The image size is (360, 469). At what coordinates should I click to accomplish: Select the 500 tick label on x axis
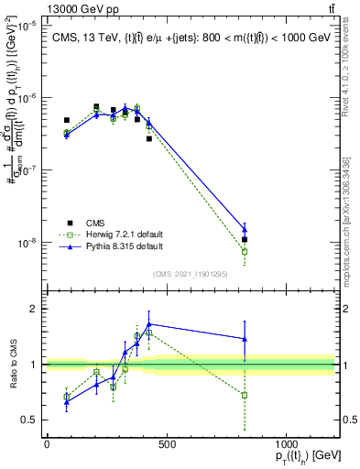(x=166, y=444)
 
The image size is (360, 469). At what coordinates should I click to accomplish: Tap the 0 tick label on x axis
(x=47, y=444)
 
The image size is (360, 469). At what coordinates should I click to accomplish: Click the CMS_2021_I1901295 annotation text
(x=190, y=272)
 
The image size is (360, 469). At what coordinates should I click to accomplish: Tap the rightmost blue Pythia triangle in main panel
(x=245, y=230)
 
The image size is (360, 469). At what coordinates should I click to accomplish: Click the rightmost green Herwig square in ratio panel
(x=245, y=395)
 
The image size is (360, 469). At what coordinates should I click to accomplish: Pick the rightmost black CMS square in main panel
(x=245, y=239)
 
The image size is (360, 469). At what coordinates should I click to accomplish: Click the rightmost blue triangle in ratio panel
(x=245, y=339)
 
